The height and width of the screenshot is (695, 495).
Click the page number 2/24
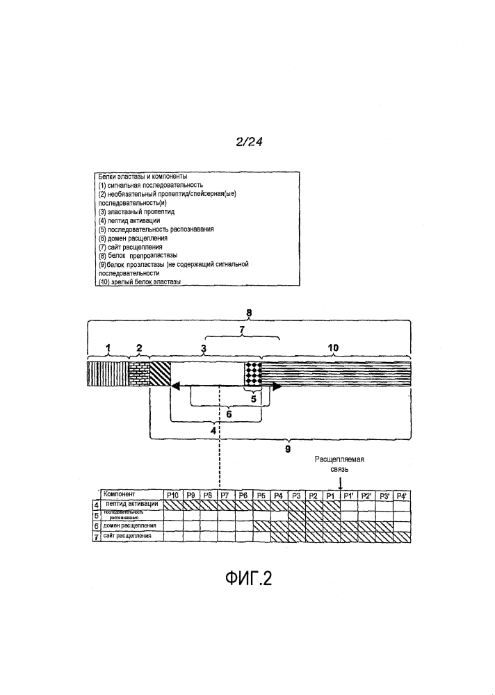click(247, 142)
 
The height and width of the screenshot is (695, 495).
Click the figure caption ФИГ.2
click(248, 578)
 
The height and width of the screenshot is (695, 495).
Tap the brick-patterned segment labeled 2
click(139, 373)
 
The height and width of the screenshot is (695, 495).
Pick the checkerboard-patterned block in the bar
click(252, 373)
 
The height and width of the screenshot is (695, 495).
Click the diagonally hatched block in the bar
click(160, 373)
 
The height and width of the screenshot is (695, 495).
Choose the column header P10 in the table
click(174, 495)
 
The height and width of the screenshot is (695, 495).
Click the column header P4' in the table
click(400, 496)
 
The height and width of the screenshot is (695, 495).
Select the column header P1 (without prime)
click(330, 496)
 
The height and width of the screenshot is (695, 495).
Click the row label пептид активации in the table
click(132, 504)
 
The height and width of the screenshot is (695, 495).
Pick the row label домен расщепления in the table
click(132, 526)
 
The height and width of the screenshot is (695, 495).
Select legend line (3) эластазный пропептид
click(136, 211)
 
